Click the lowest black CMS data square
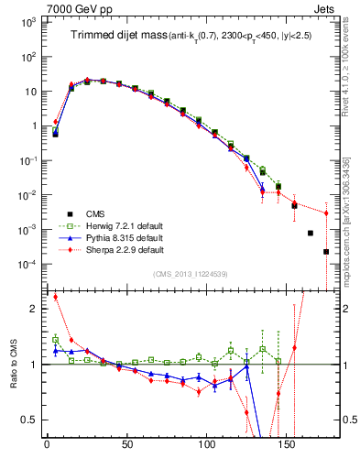click(326, 252)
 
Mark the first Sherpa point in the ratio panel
click(55, 297)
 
